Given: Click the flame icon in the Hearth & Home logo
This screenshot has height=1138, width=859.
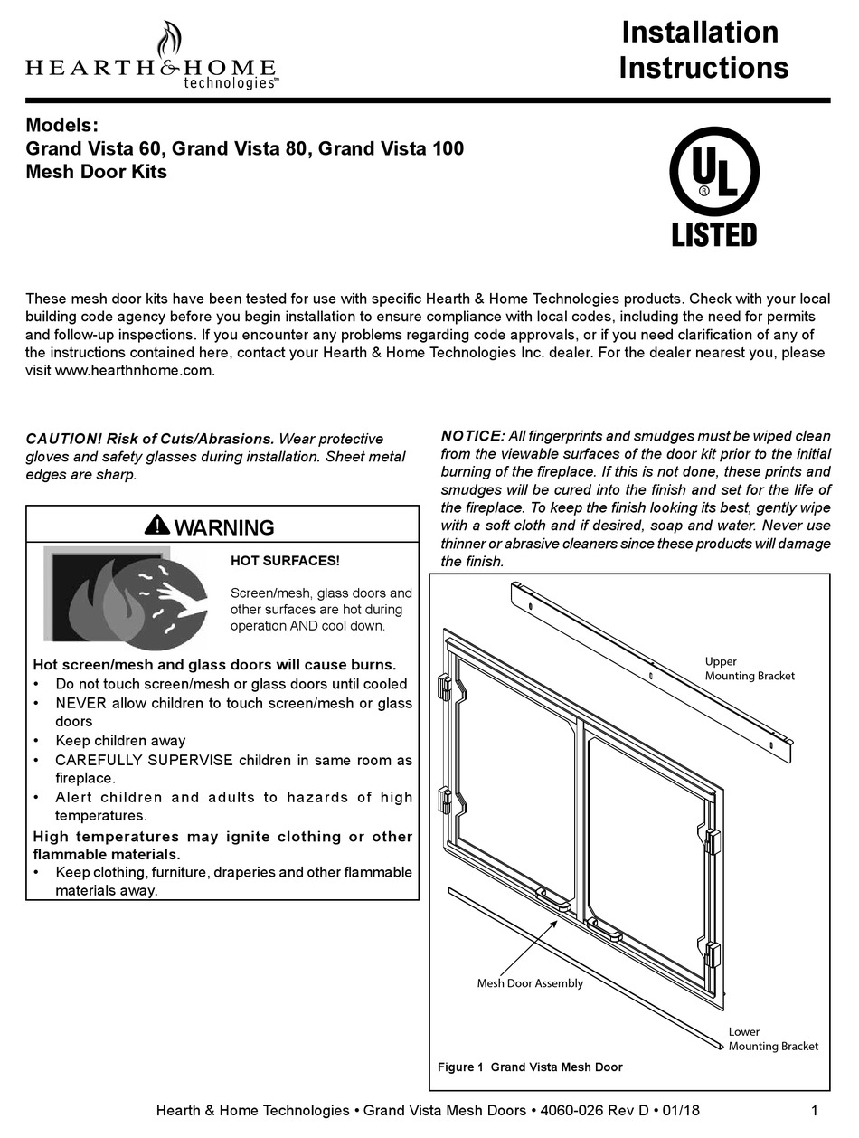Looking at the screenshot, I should (167, 41).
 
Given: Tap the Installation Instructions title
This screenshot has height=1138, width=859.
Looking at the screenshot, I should (703, 50).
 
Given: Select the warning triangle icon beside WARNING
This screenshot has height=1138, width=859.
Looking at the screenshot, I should (156, 525).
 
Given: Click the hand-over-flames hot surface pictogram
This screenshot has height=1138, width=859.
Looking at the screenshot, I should (126, 595).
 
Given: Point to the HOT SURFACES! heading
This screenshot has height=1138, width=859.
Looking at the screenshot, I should (285, 561).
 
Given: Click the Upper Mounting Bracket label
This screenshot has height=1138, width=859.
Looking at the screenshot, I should (750, 669).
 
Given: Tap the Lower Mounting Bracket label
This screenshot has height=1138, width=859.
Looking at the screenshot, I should (772, 1038).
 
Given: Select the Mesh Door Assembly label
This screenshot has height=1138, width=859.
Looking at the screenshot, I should (530, 983).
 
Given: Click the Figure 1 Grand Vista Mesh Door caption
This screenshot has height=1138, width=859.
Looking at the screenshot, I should (530, 1067).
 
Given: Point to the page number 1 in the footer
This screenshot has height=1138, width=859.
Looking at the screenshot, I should (815, 1111).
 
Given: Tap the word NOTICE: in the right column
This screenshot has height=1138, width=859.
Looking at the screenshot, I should (472, 436).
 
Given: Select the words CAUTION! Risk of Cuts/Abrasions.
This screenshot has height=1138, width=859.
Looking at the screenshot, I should (149, 439).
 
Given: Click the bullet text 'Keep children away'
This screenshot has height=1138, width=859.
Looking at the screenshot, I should (120, 740).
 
